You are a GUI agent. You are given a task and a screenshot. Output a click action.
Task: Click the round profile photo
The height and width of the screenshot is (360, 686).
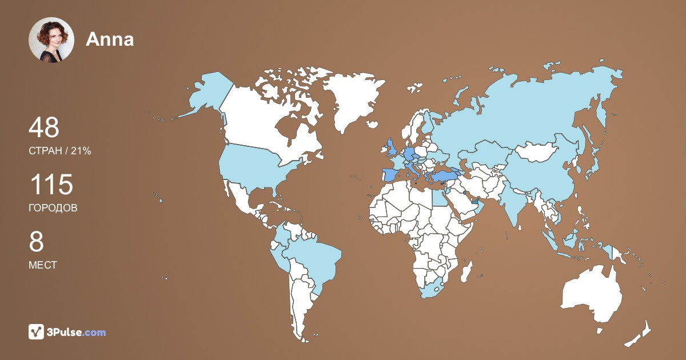tap(51, 39)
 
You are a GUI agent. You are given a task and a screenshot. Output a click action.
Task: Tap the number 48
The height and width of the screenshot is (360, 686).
tap(44, 127)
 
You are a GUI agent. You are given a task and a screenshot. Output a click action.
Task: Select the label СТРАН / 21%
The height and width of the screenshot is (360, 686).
tap(59, 151)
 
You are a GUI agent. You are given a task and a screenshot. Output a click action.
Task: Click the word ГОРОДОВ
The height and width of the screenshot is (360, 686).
tap(53, 208)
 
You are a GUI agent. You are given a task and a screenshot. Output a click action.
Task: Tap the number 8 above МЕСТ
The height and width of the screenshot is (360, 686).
tap(36, 242)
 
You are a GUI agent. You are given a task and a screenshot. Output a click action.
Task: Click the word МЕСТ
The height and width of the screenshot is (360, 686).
tap(42, 265)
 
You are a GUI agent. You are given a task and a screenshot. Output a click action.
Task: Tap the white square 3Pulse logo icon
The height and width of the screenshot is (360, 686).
tap(37, 332)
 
